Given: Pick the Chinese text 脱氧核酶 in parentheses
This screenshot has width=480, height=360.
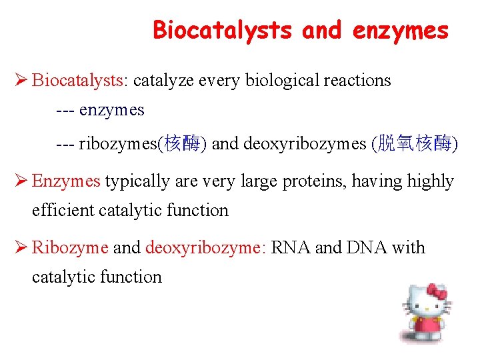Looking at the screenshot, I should [415, 144].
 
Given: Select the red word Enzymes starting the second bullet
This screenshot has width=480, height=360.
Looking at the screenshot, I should [66, 181].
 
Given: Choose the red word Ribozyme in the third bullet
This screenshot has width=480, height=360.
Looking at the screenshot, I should [70, 248].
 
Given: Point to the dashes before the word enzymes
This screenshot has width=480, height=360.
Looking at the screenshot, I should [65, 111].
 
